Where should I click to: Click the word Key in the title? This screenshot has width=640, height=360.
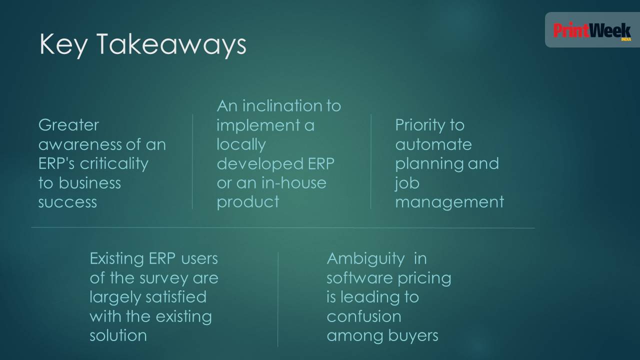pyautogui.click(x=63, y=44)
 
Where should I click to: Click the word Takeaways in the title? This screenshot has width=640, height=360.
pyautogui.click(x=171, y=44)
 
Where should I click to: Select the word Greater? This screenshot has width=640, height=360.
pyautogui.click(x=68, y=125)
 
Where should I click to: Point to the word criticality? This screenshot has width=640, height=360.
pyautogui.click(x=114, y=164)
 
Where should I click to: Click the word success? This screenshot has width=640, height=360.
pyautogui.click(x=67, y=202)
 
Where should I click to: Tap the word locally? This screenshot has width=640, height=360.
pyautogui.click(x=241, y=144)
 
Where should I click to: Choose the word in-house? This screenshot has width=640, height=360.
pyautogui.click(x=294, y=183)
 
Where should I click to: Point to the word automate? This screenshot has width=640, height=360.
pyautogui.click(x=433, y=144)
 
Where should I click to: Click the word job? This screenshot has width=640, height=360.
pyautogui.click(x=407, y=183)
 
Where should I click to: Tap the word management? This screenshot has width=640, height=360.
pyautogui.click(x=449, y=203)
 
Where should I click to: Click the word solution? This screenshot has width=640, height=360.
pyautogui.click(x=118, y=335)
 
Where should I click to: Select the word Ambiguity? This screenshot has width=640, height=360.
pyautogui.click(x=365, y=259)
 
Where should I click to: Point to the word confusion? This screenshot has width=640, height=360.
pyautogui.click(x=364, y=316)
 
